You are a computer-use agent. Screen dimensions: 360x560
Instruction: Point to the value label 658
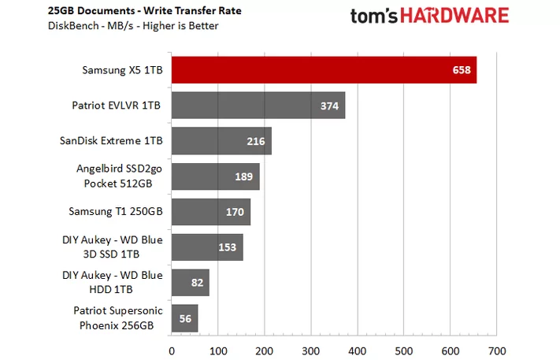tap(462, 70)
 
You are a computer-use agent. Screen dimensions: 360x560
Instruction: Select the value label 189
tap(244, 176)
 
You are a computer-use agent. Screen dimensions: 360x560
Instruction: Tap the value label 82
tap(198, 282)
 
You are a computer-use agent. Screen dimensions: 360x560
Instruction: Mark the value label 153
tap(228, 247)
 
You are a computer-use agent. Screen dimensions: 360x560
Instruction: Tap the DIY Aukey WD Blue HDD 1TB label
tap(112, 282)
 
